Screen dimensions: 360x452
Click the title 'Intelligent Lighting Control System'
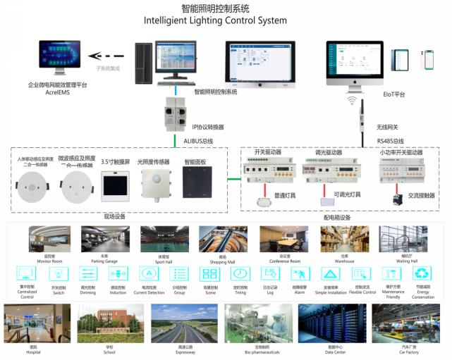(x=215, y=20)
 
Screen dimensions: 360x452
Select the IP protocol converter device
(x=176, y=111)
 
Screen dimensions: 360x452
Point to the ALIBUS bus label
(x=198, y=141)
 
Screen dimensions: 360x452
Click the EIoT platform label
(x=392, y=94)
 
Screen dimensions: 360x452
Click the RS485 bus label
(x=391, y=141)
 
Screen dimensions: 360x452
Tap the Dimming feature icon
(x=89, y=275)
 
